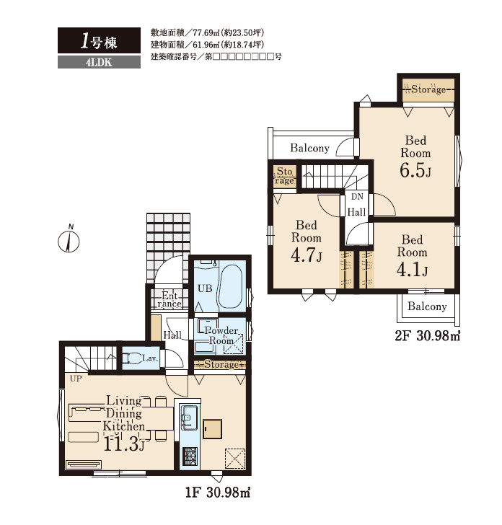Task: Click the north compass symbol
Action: (69, 239)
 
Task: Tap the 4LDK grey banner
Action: (99, 62)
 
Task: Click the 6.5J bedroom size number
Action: (415, 169)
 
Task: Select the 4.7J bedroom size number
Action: (307, 255)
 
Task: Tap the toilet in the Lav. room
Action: (132, 358)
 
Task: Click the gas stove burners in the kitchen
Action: (190, 456)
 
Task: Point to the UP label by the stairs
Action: (76, 379)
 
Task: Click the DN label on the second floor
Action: (357, 197)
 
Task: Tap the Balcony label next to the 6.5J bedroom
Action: (309, 148)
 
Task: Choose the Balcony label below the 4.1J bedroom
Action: (427, 306)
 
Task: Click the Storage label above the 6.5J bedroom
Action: (428, 89)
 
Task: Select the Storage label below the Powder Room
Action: (221, 364)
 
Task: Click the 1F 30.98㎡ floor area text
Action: (218, 493)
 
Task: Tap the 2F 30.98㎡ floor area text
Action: (427, 335)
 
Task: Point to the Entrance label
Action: (169, 300)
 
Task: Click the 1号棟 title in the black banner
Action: (99, 42)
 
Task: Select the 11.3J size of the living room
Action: (124, 444)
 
